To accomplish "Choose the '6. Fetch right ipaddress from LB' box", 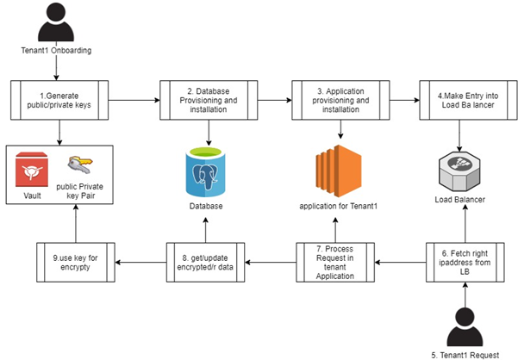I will [x=465, y=260].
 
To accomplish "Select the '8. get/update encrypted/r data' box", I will [x=206, y=260].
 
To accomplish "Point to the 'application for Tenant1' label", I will [x=339, y=208].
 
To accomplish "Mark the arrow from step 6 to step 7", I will [x=402, y=260].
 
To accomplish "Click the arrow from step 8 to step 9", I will [x=140, y=260].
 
